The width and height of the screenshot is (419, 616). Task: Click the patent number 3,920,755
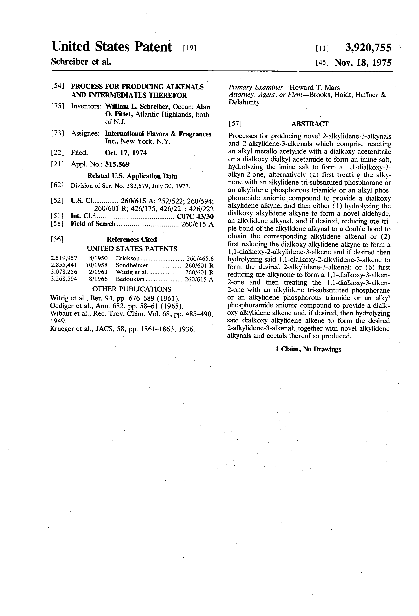[x=368, y=48]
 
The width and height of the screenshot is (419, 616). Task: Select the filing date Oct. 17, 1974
[x=126, y=153]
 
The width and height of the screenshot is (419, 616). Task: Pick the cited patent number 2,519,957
[x=64, y=258]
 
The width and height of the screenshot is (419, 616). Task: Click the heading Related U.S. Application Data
[x=132, y=176]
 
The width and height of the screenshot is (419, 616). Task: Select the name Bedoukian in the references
[x=130, y=279]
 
